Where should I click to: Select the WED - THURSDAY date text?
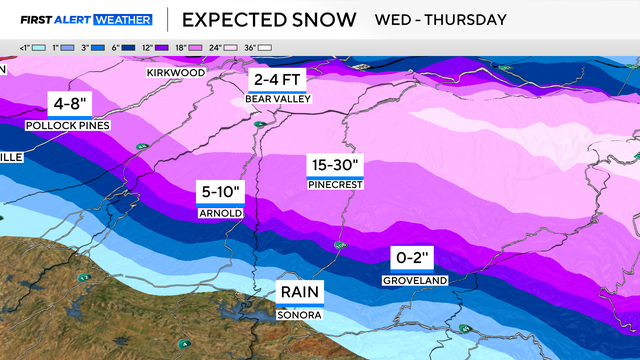click(x=440, y=19)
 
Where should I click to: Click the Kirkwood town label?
click(x=174, y=73)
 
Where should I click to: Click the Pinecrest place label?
click(x=335, y=185)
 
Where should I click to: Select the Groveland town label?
click(x=412, y=281)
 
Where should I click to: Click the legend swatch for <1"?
click(x=35, y=47)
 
